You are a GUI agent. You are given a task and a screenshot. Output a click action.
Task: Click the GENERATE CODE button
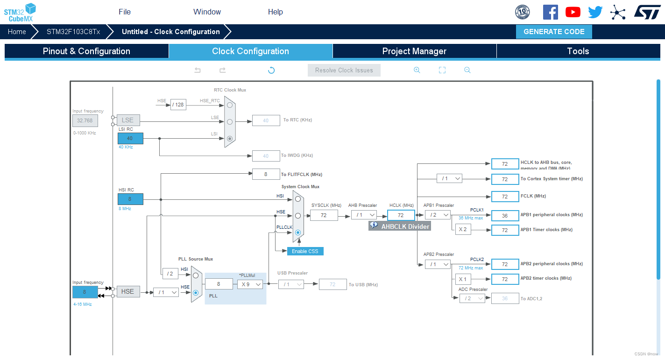(554, 32)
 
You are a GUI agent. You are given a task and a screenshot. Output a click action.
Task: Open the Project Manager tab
(414, 51)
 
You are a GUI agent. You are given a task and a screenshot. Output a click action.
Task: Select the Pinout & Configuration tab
(86, 51)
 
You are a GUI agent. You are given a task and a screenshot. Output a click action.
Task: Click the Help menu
(276, 12)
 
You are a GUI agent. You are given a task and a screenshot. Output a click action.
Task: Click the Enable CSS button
(305, 251)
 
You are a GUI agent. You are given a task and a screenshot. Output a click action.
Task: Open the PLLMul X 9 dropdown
(250, 284)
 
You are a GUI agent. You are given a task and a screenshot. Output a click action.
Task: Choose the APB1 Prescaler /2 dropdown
(438, 215)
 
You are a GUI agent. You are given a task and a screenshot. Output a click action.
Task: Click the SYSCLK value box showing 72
(324, 215)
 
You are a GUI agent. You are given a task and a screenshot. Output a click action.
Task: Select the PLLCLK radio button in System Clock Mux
(298, 232)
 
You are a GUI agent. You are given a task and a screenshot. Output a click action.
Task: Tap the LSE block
(128, 120)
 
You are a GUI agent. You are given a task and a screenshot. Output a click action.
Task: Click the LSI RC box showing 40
(130, 138)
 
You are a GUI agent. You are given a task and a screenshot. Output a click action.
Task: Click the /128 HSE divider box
(178, 105)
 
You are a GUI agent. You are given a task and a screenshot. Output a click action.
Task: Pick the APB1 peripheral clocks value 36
(505, 215)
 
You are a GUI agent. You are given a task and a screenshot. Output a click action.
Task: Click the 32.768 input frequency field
(85, 120)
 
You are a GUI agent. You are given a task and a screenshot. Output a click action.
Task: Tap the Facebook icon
(550, 12)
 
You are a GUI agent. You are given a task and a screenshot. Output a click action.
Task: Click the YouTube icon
(573, 12)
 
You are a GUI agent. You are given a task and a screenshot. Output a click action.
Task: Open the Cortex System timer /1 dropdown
(449, 178)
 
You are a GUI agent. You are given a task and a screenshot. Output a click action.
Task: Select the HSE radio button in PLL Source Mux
(196, 293)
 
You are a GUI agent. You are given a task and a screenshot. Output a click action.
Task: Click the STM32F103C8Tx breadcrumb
(73, 32)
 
